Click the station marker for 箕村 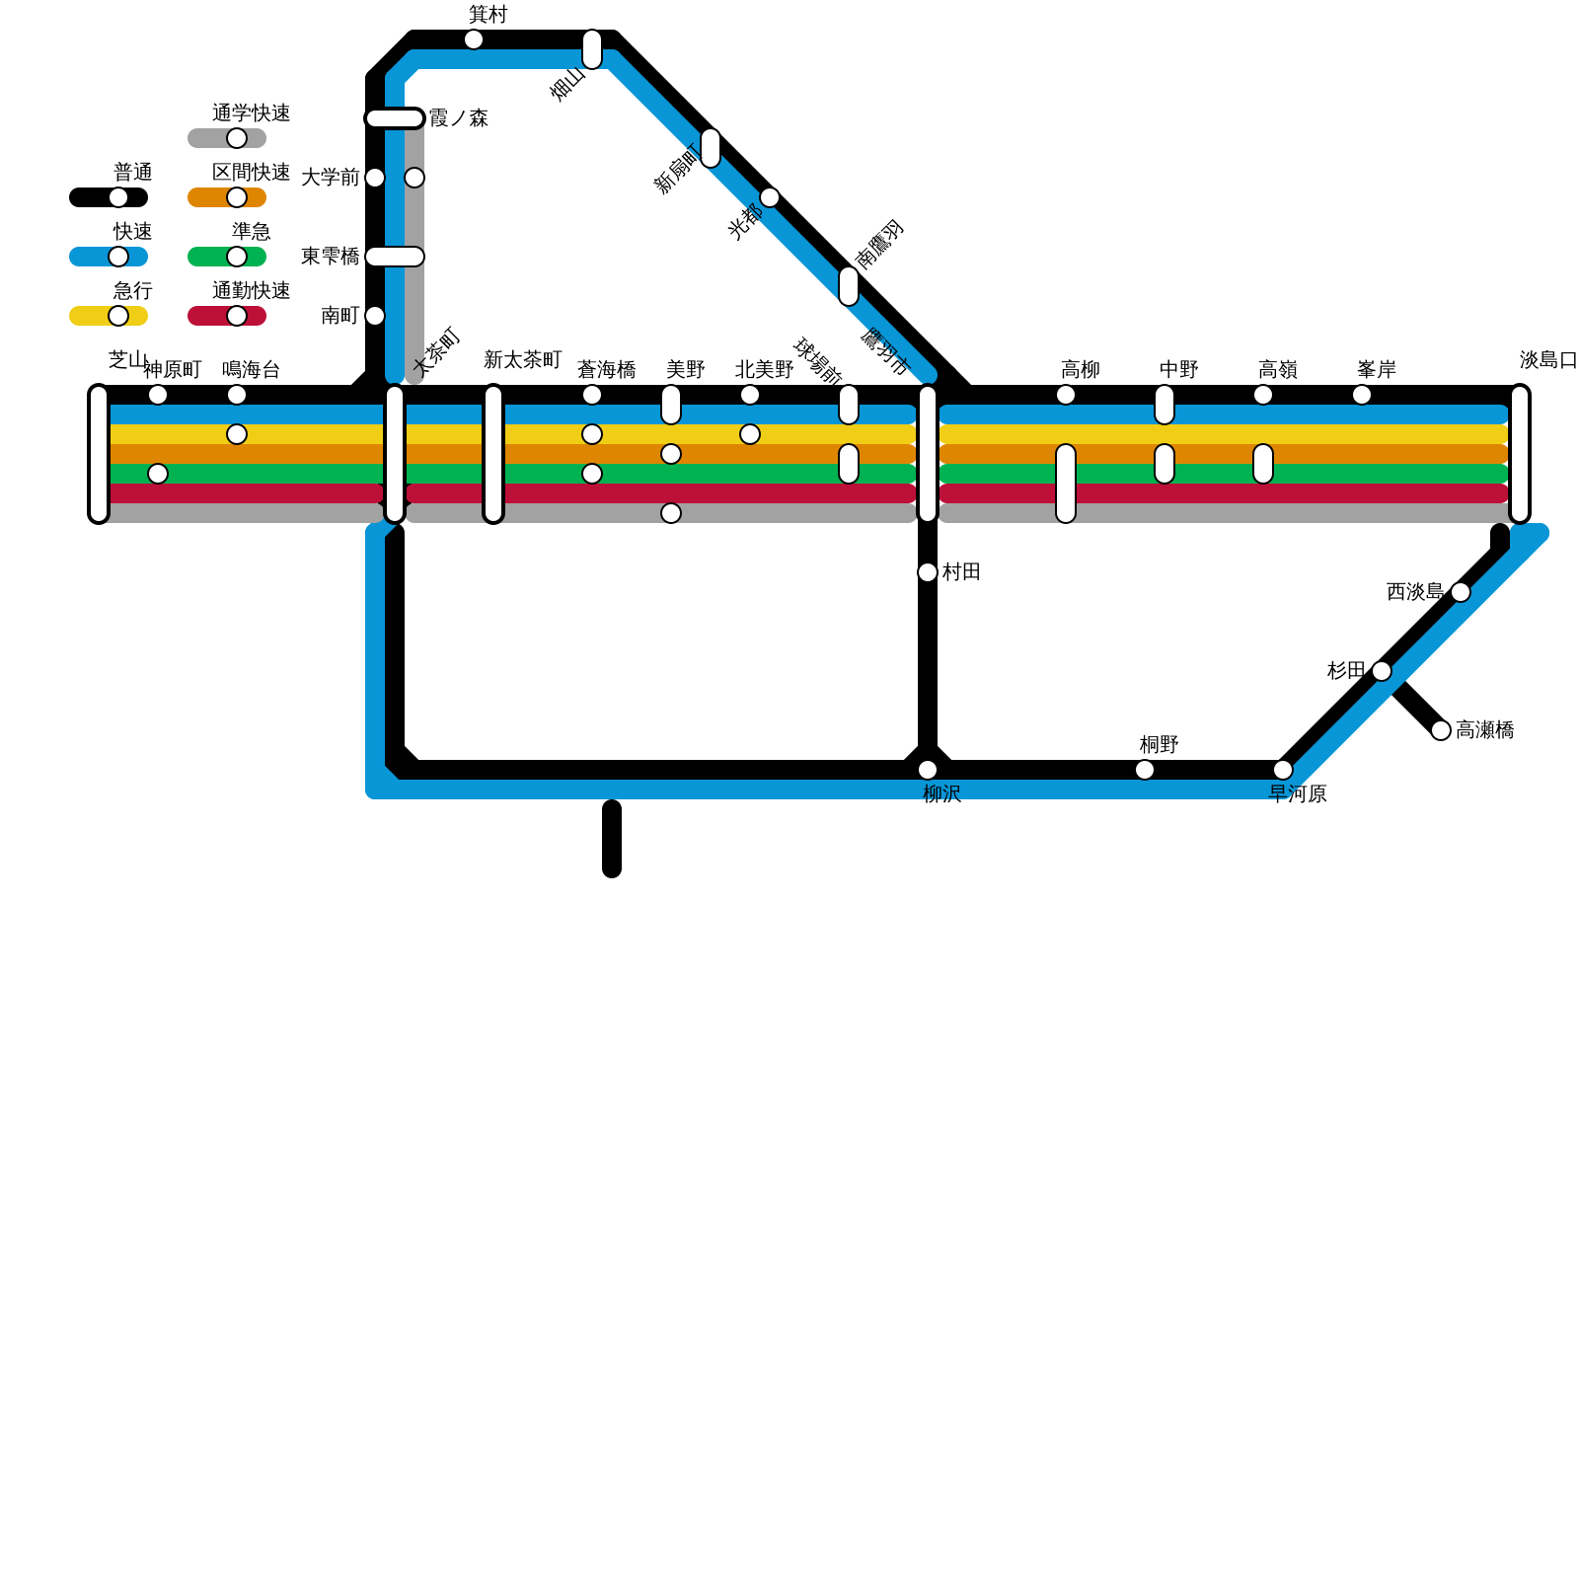coord(474,39)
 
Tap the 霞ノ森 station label coord(459,118)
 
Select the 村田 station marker coord(928,572)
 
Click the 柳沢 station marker coord(928,770)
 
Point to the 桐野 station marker coord(1145,770)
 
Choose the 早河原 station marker coord(1283,770)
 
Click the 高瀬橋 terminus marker coord(1441,730)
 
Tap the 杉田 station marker coord(1382,671)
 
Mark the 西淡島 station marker coord(1461,592)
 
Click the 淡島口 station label coord(1548,360)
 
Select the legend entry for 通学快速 coord(227,138)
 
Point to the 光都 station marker coord(770,197)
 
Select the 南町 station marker coord(375,316)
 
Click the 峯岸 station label coord(1377,370)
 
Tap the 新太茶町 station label coord(523,360)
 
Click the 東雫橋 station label coord(330,257)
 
